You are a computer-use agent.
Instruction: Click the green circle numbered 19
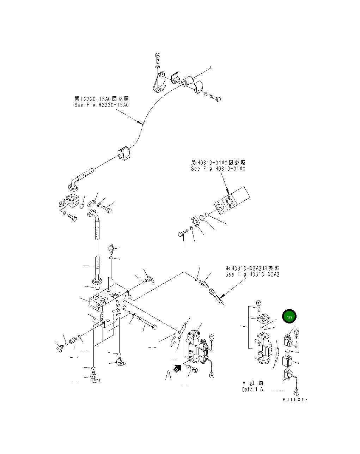point(289,317)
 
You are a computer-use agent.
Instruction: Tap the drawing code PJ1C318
point(295,400)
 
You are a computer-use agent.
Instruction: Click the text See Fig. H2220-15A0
point(102,105)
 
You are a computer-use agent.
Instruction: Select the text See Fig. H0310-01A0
point(218,169)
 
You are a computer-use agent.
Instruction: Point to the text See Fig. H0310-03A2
point(252,274)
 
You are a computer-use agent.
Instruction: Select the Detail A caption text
point(252,390)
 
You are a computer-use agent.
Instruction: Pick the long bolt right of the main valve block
point(146,322)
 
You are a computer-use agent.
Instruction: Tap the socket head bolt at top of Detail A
point(258,304)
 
